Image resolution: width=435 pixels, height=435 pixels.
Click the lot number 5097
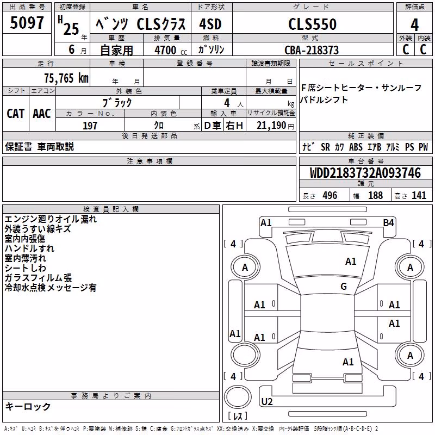tap(27, 23)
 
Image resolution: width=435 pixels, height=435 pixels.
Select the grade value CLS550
tap(312, 24)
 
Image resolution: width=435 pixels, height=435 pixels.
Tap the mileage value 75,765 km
tap(66, 78)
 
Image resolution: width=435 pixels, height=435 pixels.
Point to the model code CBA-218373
tap(312, 50)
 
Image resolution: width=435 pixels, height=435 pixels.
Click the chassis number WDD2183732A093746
tap(365, 173)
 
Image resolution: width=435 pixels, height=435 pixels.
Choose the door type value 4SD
tap(210, 24)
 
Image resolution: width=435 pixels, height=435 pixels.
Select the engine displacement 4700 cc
tap(171, 50)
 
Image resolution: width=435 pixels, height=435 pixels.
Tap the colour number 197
tap(90, 126)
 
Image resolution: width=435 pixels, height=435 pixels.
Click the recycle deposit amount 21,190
tap(271, 126)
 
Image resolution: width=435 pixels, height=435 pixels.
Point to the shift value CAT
tap(16, 114)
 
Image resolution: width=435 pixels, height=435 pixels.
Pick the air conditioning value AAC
tap(42, 114)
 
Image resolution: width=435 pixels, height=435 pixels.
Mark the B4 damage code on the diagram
tap(388, 223)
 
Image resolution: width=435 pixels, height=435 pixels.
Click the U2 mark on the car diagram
tap(267, 401)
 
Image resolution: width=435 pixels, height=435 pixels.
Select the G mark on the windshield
tap(344, 286)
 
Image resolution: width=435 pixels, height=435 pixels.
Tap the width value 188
tap(375, 195)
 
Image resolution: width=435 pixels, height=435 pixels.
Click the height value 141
tap(419, 195)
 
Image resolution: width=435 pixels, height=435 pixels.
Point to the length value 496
tap(330, 195)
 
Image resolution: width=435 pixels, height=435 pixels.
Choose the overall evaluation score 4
tap(414, 24)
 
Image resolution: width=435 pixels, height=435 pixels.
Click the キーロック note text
tap(28, 407)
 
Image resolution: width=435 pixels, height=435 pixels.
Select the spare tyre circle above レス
tap(238, 397)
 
